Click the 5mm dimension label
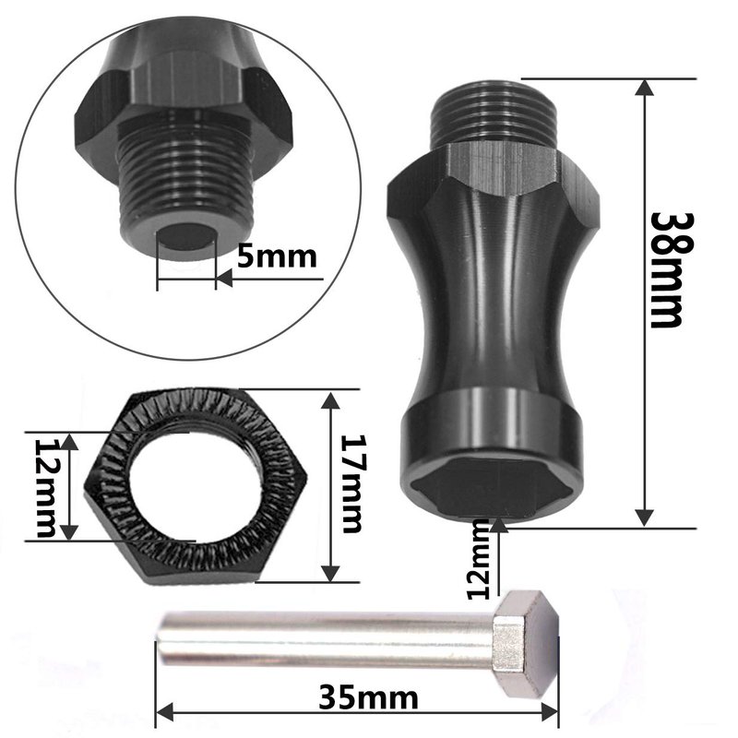click(x=277, y=256)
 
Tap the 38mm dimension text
click(x=665, y=269)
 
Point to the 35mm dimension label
click(x=368, y=697)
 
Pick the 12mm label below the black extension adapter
click(x=479, y=559)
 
